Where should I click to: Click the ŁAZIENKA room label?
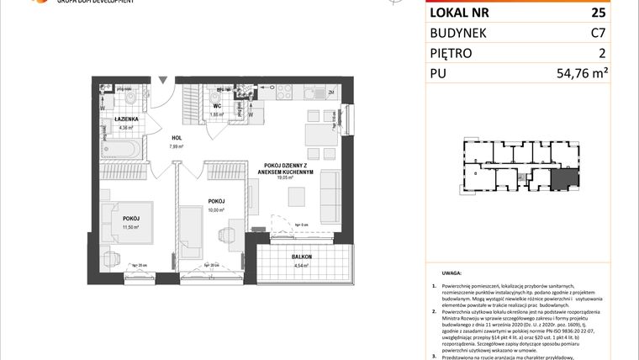[127, 120]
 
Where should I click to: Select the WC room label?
[215, 107]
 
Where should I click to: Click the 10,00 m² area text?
[215, 210]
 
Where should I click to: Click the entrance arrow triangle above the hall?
[163, 79]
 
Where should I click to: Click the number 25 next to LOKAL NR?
[598, 13]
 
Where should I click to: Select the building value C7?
[598, 34]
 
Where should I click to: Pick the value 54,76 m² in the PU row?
[581, 74]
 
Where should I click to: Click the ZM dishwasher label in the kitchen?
[331, 93]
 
